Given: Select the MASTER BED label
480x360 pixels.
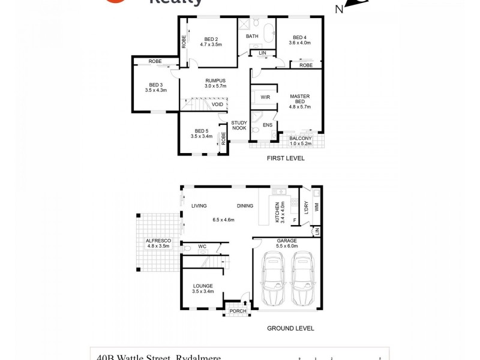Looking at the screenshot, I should tap(299, 100).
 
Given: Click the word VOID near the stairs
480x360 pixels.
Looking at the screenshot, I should tap(217, 104).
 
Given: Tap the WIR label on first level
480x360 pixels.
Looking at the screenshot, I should tap(265, 97).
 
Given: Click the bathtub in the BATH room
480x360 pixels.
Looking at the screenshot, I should tap(265, 29).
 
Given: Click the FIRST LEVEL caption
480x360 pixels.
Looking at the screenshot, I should tap(286, 158).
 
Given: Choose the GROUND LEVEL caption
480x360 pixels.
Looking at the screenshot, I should tap(290, 329).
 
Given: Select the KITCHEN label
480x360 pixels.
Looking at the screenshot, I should tap(278, 211).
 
